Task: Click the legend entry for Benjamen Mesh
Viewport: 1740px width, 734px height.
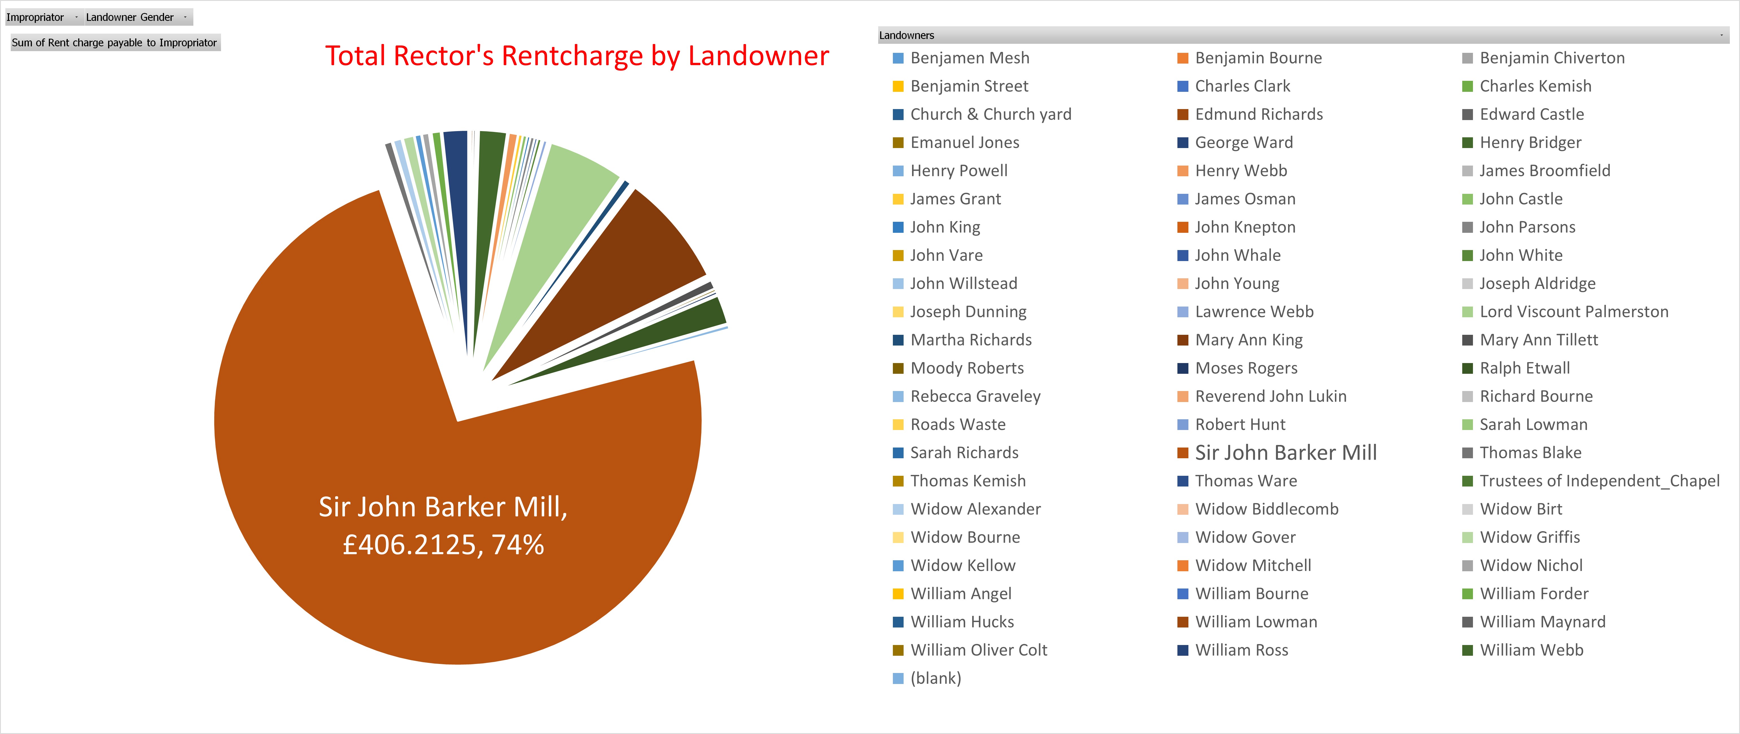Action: click(969, 58)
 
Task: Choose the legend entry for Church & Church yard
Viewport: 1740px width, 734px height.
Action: click(990, 114)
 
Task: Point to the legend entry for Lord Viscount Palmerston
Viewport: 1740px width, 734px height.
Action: click(1573, 312)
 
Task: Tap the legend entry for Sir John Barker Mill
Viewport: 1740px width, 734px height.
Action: click(1285, 453)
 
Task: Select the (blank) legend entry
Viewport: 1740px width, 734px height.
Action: click(935, 678)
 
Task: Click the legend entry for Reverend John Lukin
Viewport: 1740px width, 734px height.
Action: click(1270, 396)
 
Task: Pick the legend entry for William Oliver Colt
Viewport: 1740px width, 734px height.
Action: click(978, 650)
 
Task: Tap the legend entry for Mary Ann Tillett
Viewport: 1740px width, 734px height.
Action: click(1538, 340)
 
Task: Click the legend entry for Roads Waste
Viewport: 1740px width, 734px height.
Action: click(957, 424)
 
